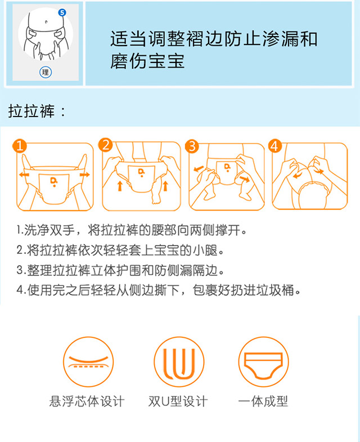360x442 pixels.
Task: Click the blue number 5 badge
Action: pyautogui.click(x=62, y=13)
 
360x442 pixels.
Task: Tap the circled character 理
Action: pyautogui.click(x=46, y=73)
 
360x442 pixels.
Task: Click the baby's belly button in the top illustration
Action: pyautogui.click(x=46, y=21)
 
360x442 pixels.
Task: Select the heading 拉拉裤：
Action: pyautogui.click(x=37, y=111)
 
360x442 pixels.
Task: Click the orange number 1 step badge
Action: pyautogui.click(x=20, y=146)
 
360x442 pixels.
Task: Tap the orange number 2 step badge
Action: pyautogui.click(x=105, y=145)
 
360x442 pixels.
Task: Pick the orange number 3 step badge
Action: pyautogui.click(x=192, y=146)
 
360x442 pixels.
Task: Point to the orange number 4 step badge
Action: pyautogui.click(x=275, y=146)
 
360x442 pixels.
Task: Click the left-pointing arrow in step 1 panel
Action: pyautogui.click(x=24, y=175)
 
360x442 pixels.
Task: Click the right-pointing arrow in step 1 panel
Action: pyautogui.click(x=84, y=175)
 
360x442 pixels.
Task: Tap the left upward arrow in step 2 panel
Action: pyautogui.click(x=120, y=186)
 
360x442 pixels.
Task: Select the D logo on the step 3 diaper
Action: pyautogui.click(x=227, y=167)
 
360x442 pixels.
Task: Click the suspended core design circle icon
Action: pyautogui.click(x=88, y=361)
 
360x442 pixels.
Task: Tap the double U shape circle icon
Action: pyautogui.click(x=179, y=361)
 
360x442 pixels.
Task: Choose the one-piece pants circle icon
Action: pyautogui.click(x=263, y=361)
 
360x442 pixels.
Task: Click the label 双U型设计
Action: pyautogui.click(x=178, y=401)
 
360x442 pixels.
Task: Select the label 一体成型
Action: pyautogui.click(x=263, y=401)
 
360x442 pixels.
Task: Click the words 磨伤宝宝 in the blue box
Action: pyautogui.click(x=147, y=61)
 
